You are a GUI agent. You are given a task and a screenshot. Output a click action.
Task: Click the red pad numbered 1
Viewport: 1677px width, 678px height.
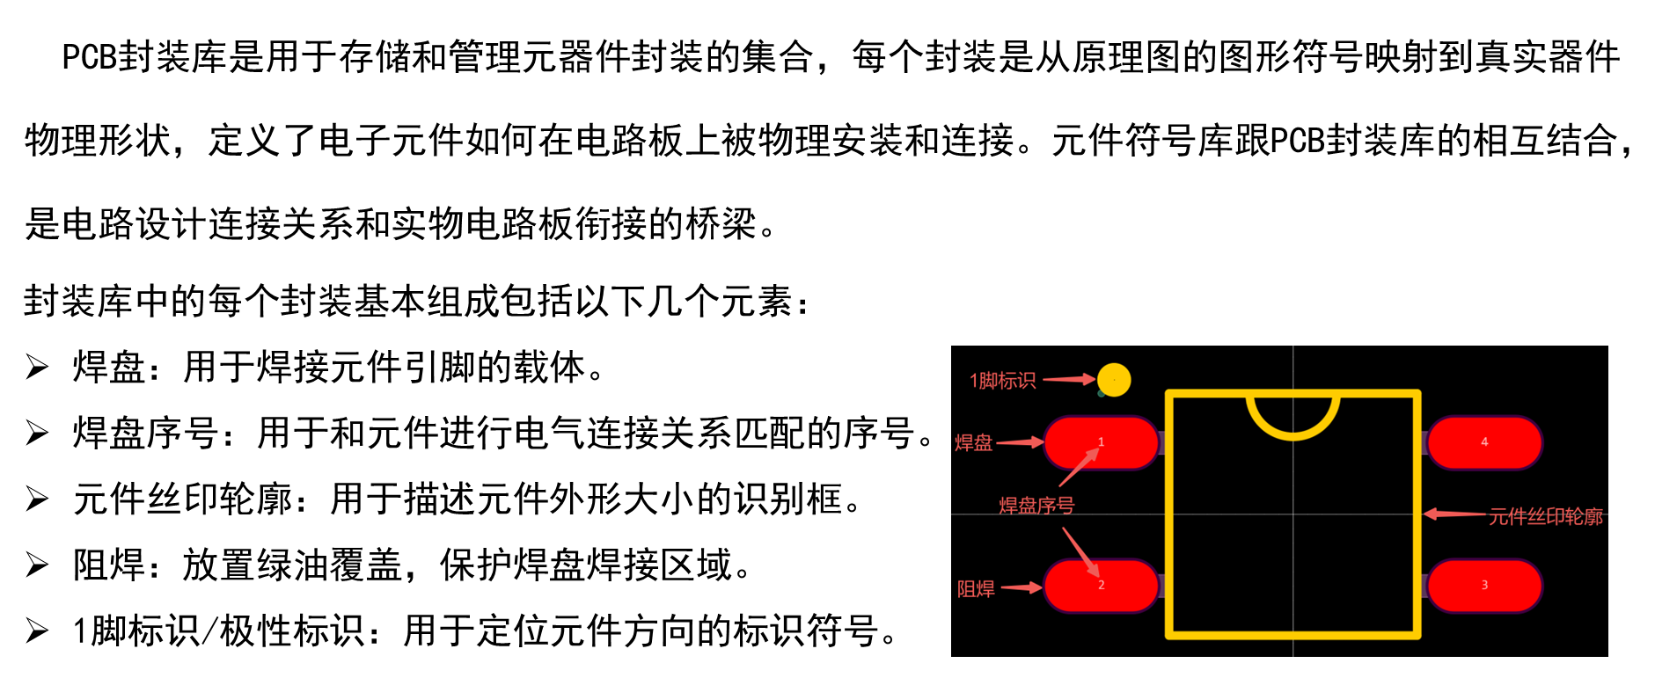pos(1101,442)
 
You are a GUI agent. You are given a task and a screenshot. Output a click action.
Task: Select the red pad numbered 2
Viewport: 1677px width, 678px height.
pos(1101,586)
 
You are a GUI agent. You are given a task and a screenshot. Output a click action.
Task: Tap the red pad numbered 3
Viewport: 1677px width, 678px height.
pos(1484,586)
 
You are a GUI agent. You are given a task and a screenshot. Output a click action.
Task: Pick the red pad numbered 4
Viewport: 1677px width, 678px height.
pos(1484,442)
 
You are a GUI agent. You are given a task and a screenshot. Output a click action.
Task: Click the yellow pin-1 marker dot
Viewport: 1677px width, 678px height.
pos(1114,380)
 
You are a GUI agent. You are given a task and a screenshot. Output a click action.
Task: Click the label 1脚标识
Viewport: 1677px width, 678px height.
pos(1002,381)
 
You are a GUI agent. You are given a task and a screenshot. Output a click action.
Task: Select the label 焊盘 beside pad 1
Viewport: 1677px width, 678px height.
pos(974,443)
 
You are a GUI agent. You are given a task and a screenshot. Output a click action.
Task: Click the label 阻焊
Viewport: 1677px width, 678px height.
pos(976,589)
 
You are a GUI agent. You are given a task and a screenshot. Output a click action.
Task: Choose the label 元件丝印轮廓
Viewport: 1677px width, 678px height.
pos(1546,517)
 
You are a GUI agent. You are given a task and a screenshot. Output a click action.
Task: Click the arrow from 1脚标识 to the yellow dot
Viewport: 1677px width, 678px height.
pos(1068,379)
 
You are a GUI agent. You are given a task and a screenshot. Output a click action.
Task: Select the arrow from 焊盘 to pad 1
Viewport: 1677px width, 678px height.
pos(1020,442)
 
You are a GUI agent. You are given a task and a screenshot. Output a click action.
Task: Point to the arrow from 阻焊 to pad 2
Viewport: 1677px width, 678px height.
pos(1022,587)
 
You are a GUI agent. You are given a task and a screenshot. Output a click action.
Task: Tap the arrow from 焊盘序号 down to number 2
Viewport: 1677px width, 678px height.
pos(1080,552)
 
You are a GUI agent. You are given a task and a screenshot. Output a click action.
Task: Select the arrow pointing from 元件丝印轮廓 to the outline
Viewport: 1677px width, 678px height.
pos(1454,514)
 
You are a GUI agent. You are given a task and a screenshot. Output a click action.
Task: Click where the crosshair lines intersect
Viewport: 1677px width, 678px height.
pos(1293,514)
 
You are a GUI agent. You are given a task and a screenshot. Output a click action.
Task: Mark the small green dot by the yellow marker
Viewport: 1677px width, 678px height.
pos(1101,394)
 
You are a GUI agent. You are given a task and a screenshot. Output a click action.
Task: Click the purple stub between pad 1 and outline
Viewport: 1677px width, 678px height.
pos(1161,442)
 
